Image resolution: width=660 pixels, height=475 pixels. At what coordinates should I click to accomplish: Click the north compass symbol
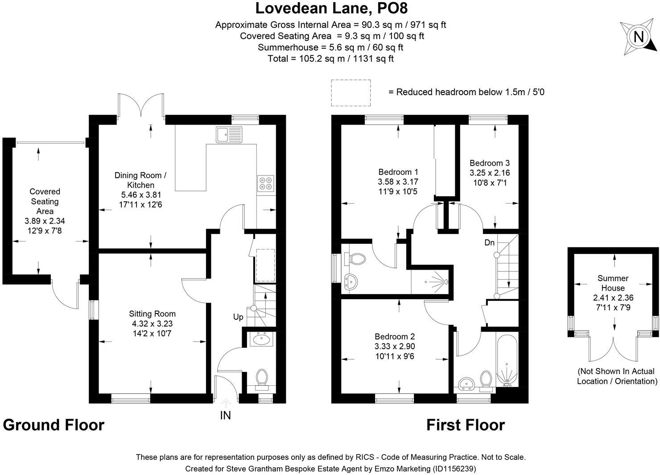coord(639,37)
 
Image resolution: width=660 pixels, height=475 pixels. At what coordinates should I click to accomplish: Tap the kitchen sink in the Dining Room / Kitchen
coord(229,134)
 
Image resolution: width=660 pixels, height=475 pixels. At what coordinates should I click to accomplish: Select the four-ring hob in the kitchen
coord(266,184)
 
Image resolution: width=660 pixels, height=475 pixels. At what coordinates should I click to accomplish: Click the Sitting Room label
coord(152,314)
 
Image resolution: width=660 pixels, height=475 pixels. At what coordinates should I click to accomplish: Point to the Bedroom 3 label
coord(489,163)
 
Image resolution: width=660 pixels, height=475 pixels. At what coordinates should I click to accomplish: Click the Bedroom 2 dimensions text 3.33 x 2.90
coord(394,346)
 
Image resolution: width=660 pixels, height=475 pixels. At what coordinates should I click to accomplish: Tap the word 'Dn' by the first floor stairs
coord(489,243)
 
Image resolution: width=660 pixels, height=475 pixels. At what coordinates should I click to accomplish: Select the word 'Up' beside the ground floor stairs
coord(238,317)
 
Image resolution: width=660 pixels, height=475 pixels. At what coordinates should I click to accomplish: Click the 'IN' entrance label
coord(226,416)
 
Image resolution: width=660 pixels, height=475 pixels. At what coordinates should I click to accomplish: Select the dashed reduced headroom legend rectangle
coord(351,93)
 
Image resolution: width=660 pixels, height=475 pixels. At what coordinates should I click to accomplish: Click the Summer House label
coord(613,283)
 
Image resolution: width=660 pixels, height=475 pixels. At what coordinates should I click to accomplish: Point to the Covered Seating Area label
coord(45,201)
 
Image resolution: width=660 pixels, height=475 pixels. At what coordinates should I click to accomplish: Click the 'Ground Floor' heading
coord(54,425)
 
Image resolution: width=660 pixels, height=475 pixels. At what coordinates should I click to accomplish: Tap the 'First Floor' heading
coord(465,425)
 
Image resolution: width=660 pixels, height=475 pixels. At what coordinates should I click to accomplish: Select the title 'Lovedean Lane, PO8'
coord(331,8)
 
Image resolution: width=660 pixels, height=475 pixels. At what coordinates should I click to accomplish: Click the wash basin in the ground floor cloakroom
coord(261,340)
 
